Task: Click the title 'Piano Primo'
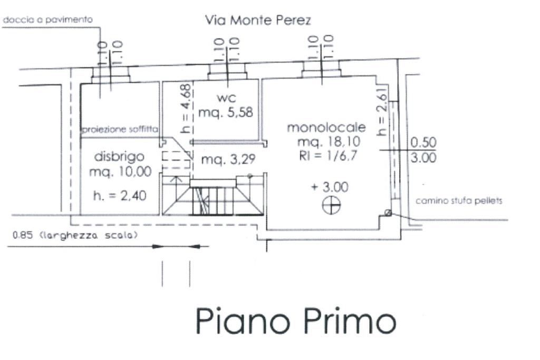[295, 321]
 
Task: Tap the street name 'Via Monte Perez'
[258, 21]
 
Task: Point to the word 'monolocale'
[326, 128]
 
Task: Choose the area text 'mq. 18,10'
[326, 142]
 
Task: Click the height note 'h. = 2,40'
[120, 196]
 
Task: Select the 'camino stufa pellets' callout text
[459, 201]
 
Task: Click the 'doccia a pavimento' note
[48, 20]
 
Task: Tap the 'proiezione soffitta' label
[120, 129]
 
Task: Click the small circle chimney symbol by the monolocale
[389, 213]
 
